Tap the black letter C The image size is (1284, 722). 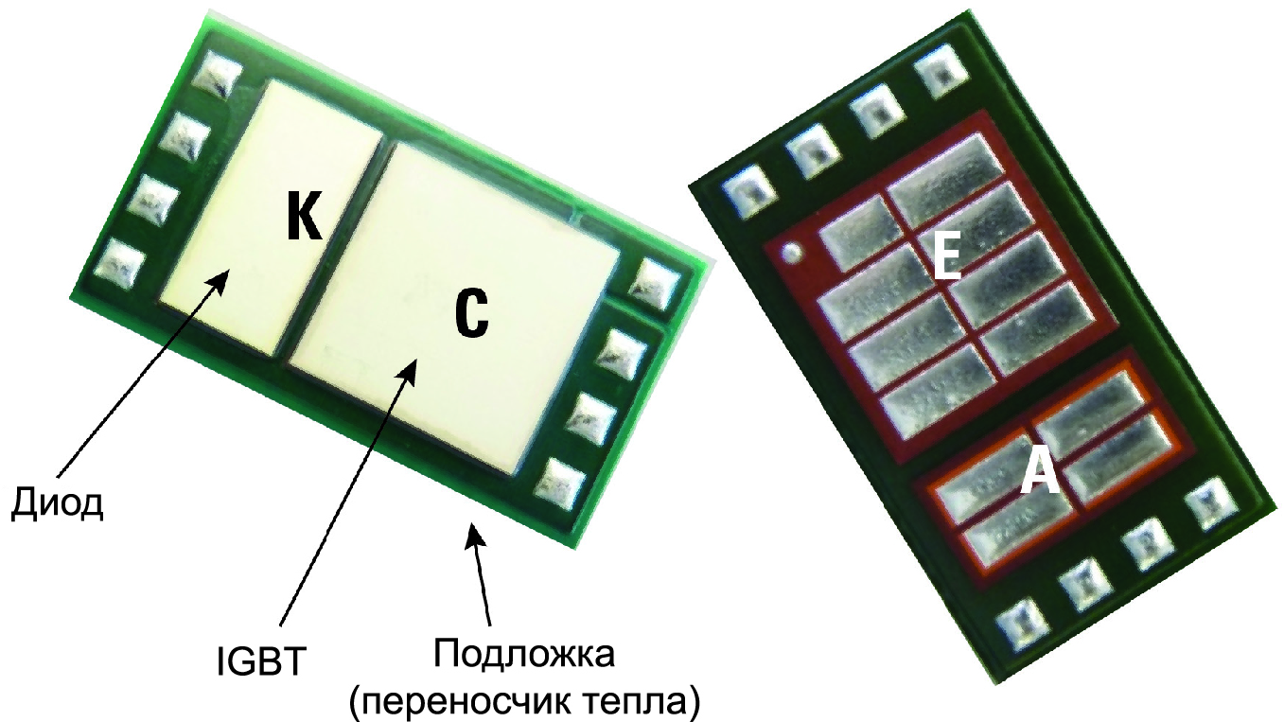coord(472,314)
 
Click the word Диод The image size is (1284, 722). coord(58,502)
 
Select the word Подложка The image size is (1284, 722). coord(524,653)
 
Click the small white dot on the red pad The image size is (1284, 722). coord(793,253)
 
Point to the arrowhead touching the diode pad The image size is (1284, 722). coord(220,280)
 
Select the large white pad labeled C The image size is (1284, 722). coord(453,309)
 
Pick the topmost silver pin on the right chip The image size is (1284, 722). coord(941,72)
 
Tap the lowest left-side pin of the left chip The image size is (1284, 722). coord(120,266)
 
